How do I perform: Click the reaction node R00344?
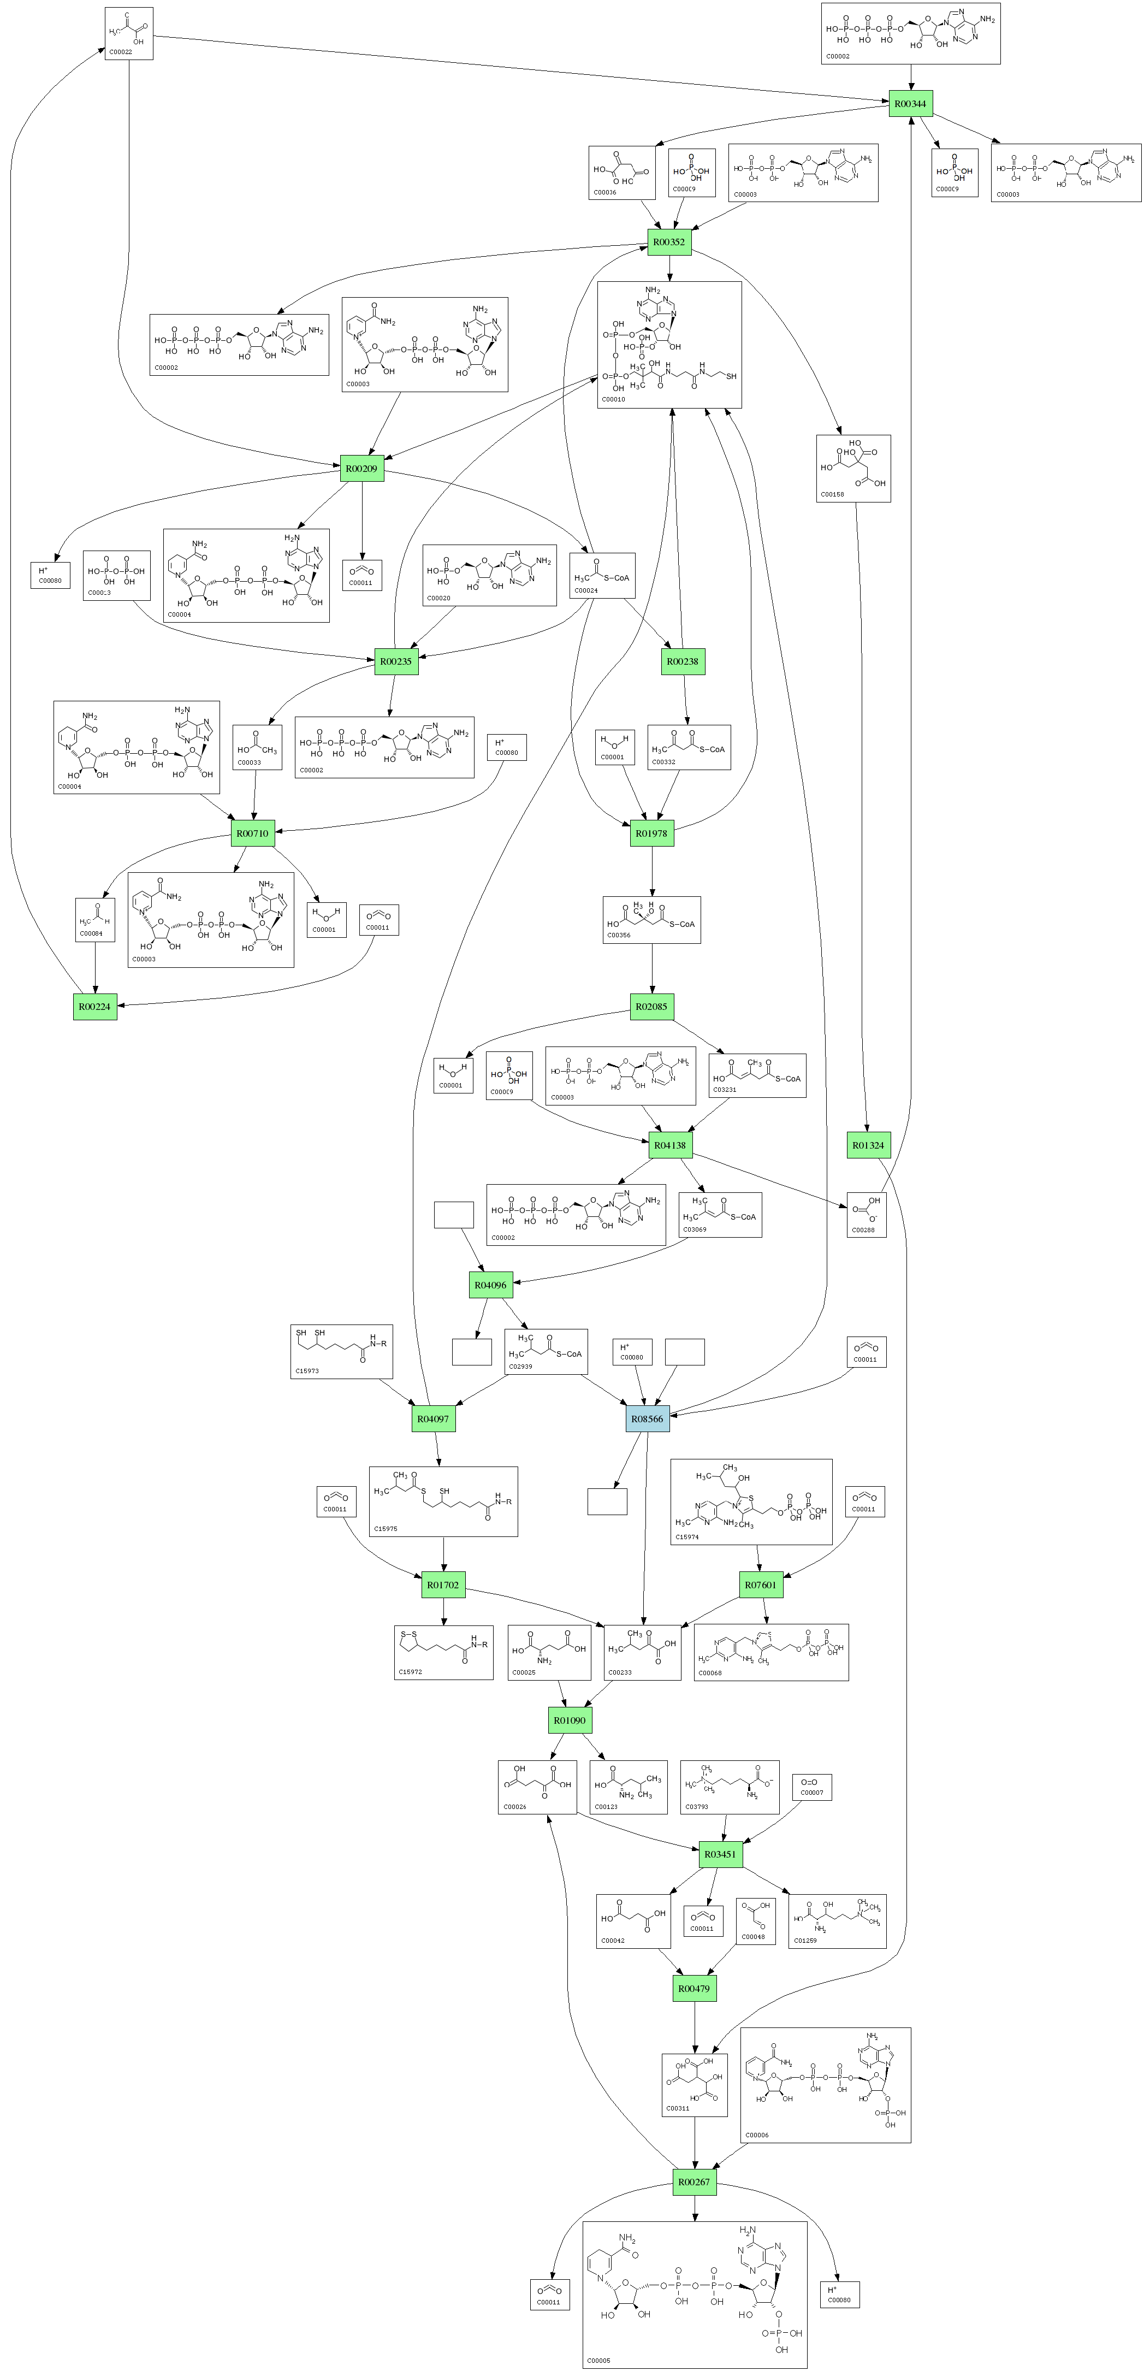click(910, 104)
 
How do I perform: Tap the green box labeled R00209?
click(361, 469)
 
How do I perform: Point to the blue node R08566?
click(647, 1418)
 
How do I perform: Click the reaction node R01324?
click(868, 1145)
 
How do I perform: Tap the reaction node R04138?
click(669, 1145)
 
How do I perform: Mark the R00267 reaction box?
click(694, 2181)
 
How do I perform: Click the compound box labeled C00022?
click(129, 34)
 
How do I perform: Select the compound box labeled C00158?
click(853, 469)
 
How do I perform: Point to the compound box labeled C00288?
click(866, 1215)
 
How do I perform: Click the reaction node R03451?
click(720, 1854)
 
